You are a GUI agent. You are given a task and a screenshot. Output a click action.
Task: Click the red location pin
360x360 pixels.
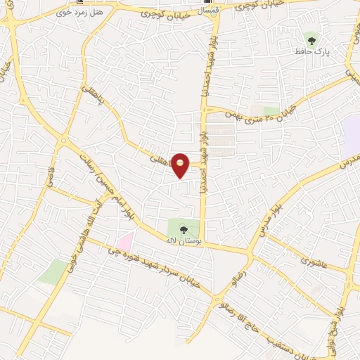coord(181,165)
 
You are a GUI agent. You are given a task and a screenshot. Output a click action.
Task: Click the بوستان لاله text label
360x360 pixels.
coord(184,242)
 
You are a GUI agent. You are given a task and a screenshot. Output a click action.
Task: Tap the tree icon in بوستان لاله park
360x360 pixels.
coord(184,229)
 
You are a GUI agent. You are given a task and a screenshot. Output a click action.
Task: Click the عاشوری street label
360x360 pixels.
coord(314,262)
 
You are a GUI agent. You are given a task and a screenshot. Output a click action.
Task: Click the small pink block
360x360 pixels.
coord(125,240)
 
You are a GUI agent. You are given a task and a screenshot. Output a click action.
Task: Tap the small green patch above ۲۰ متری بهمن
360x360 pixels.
coord(271,110)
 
